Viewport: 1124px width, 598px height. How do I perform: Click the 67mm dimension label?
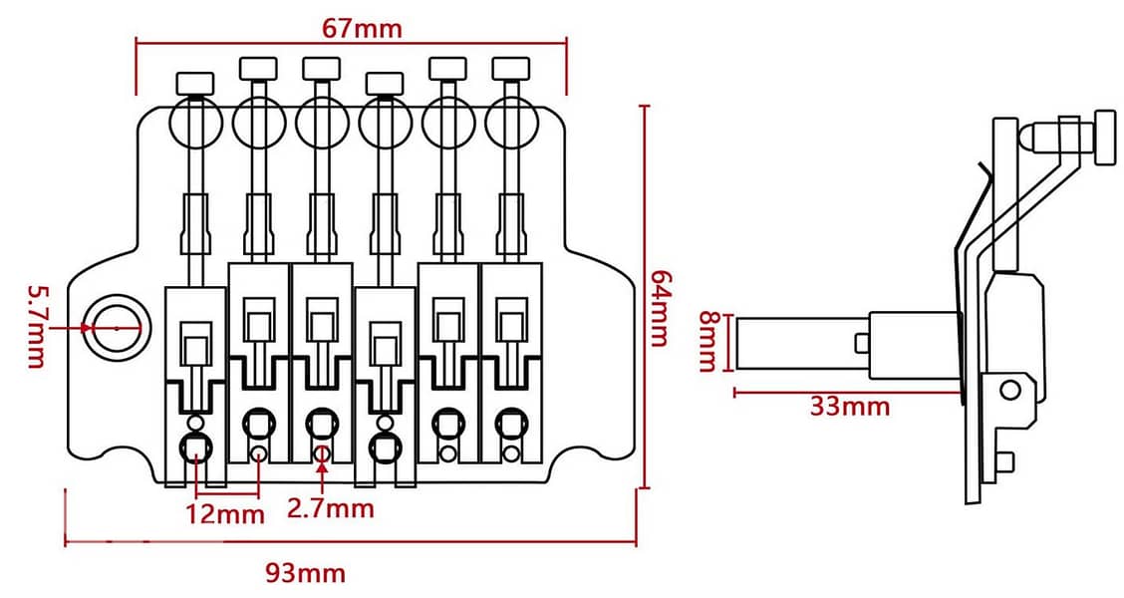coord(362,27)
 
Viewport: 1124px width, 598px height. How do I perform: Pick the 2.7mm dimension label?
coord(330,509)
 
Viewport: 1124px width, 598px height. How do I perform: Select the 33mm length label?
coord(850,407)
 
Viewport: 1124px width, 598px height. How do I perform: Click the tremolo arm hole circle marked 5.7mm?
coord(116,327)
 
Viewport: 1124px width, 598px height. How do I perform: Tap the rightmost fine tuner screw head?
coord(510,68)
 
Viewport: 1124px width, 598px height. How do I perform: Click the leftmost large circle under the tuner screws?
coord(194,123)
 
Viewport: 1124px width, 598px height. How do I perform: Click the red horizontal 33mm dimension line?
coord(847,392)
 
